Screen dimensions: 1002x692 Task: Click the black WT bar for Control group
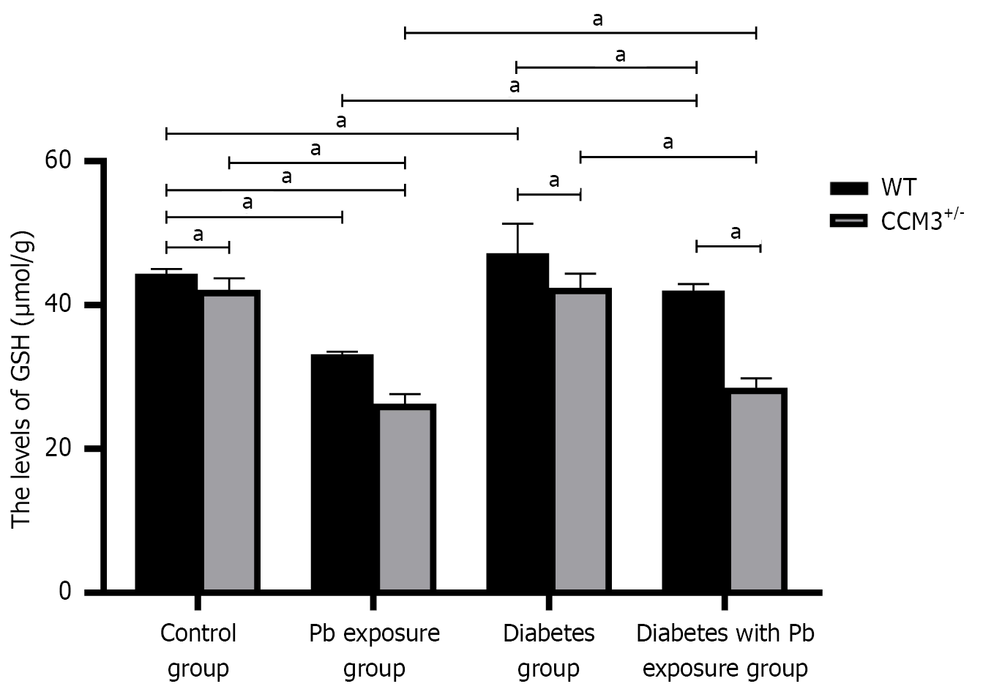point(166,432)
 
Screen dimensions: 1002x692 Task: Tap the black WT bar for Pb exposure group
point(343,472)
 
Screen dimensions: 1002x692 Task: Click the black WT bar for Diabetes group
point(517,422)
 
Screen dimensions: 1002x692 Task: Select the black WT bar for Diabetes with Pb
point(693,441)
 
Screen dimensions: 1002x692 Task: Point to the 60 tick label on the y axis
point(58,160)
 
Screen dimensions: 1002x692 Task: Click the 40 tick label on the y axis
point(58,305)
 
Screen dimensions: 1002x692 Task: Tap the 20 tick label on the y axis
point(58,448)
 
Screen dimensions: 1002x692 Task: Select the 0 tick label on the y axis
point(65,592)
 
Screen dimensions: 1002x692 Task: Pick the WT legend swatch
point(848,188)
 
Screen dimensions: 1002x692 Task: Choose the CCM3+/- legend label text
point(922,220)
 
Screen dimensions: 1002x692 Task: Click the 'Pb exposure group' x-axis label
point(375,651)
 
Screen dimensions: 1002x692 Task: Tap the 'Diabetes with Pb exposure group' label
point(725,651)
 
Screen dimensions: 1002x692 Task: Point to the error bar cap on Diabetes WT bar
point(517,223)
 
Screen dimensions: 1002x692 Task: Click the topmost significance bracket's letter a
point(598,20)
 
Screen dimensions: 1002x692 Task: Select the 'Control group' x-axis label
point(198,651)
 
